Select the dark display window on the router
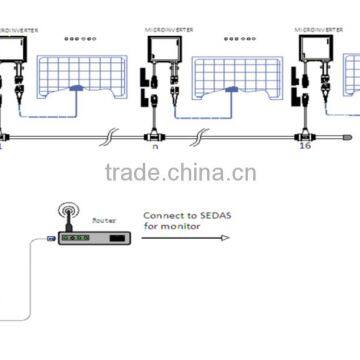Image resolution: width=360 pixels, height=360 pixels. (117, 241)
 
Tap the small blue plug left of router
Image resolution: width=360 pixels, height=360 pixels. (50, 238)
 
